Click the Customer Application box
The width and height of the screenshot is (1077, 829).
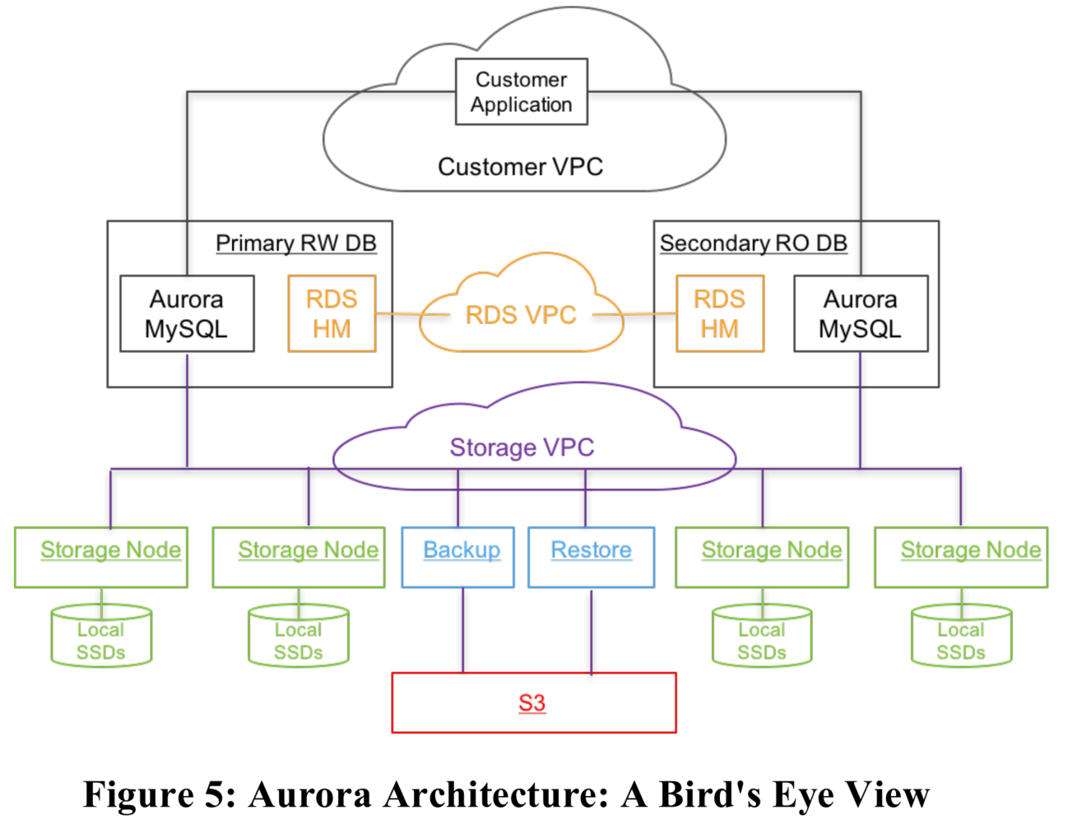tap(522, 91)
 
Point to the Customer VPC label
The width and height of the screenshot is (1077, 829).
tap(520, 167)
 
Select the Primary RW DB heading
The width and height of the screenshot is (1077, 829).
tap(295, 243)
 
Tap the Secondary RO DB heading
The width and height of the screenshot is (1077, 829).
tap(753, 243)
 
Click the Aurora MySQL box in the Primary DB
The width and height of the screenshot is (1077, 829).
tap(187, 314)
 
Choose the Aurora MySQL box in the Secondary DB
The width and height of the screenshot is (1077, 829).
tap(861, 314)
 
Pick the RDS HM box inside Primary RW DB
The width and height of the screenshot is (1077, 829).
tap(332, 314)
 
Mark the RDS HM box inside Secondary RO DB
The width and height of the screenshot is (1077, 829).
tap(720, 314)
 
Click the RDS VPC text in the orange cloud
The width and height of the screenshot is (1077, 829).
tap(521, 315)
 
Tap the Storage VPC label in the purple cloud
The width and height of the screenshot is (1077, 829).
tap(522, 447)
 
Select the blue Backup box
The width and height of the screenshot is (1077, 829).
tap(458, 557)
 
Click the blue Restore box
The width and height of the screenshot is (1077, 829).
tap(591, 557)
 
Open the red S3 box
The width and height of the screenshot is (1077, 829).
tap(533, 703)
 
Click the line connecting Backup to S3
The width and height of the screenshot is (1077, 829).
tap(463, 630)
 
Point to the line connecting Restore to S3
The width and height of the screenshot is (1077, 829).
tap(592, 630)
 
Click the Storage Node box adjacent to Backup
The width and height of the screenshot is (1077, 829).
tap(299, 557)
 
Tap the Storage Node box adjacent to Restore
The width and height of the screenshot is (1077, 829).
tap(762, 557)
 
